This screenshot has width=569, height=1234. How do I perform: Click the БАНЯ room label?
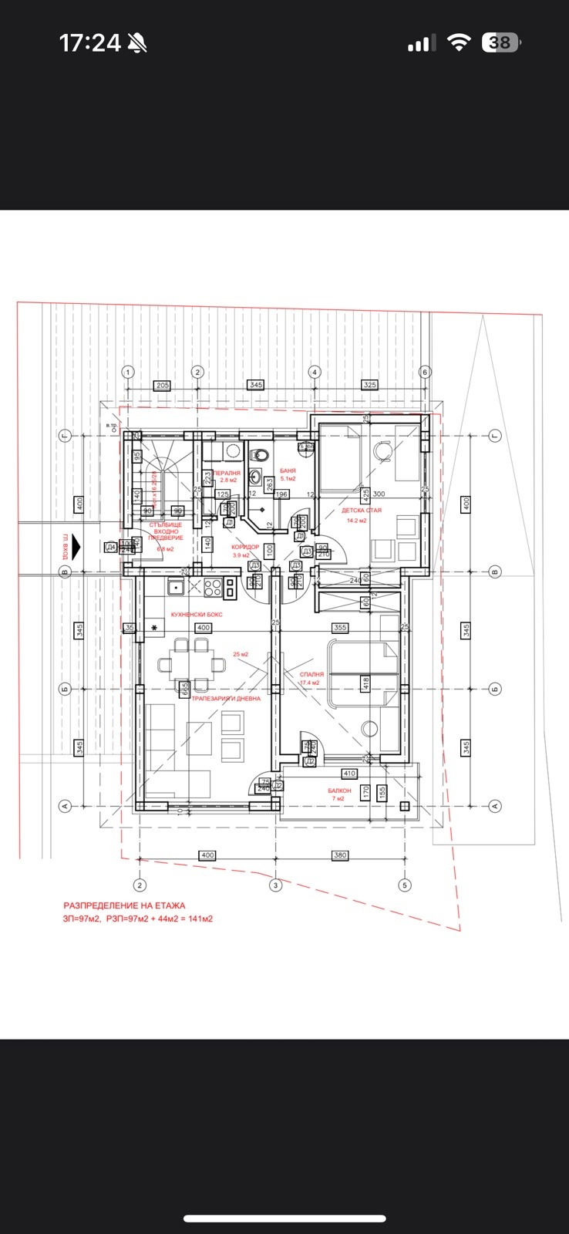[288, 470]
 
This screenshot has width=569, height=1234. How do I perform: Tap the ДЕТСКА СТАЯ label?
[362, 511]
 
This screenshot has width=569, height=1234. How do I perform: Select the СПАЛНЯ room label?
[311, 674]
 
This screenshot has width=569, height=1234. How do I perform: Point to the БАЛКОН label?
[339, 791]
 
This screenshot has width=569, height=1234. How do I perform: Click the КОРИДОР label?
[245, 547]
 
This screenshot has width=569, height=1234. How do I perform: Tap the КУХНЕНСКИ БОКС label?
[197, 614]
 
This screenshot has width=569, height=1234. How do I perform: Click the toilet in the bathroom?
[260, 454]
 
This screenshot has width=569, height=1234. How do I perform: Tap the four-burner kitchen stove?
[212, 588]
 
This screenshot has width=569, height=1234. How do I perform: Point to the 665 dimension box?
[184, 689]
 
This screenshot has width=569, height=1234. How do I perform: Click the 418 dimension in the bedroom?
[366, 682]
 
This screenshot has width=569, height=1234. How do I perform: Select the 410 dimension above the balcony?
[349, 773]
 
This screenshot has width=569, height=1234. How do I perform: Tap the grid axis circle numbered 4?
[314, 372]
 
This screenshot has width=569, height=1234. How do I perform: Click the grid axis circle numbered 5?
[404, 885]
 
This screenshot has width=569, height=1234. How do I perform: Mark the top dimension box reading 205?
[162, 385]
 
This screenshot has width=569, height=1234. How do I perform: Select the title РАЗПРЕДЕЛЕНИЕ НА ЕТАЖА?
[124, 905]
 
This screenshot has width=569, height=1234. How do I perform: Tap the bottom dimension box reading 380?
[340, 855]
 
